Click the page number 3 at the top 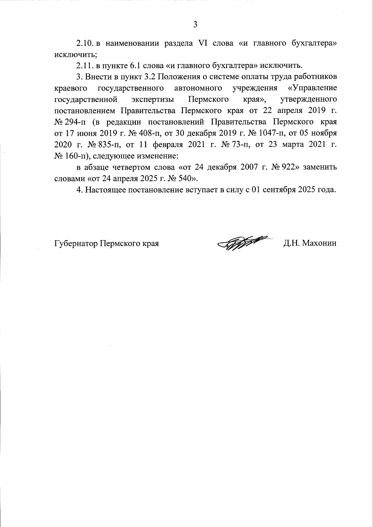(x=195, y=25)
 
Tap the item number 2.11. (x=85, y=66)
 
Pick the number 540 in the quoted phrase (x=188, y=178)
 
